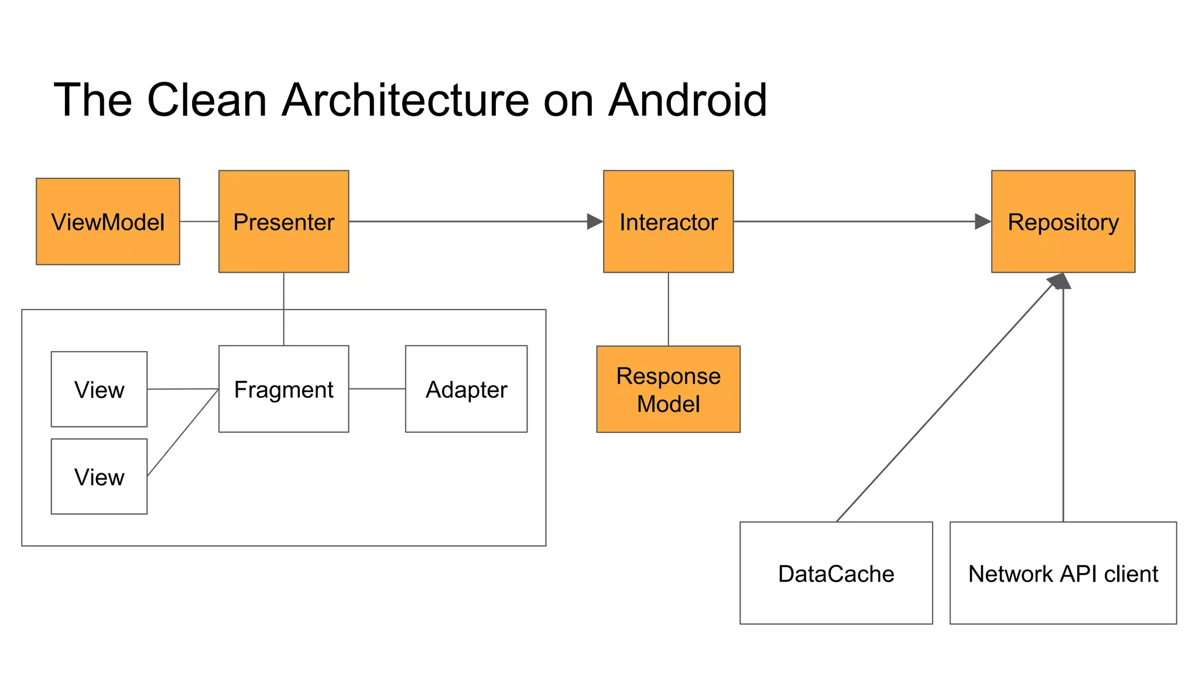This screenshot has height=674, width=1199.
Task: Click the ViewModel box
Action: click(108, 222)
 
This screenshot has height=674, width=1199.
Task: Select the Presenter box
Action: click(283, 222)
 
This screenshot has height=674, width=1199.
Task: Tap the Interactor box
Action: click(668, 222)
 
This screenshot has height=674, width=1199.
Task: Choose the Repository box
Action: click(1063, 222)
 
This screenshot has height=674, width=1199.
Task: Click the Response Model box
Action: click(668, 389)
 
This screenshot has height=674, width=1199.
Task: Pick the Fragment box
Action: click(283, 389)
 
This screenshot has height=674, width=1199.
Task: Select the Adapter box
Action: click(466, 389)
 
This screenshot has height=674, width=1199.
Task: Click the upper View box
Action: click(99, 389)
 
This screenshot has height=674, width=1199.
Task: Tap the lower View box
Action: click(99, 476)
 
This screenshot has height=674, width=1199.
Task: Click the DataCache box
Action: click(835, 573)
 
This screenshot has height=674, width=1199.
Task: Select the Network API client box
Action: click(1063, 573)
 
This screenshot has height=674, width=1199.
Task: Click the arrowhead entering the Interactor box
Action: click(595, 222)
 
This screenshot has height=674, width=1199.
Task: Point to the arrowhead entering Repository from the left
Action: click(982, 222)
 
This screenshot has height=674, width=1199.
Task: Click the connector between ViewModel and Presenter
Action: click(199, 222)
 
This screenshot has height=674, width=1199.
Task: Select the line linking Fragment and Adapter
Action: click(377, 389)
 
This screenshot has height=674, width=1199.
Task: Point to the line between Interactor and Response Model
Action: click(669, 309)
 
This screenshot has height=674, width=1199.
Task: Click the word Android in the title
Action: click(687, 100)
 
